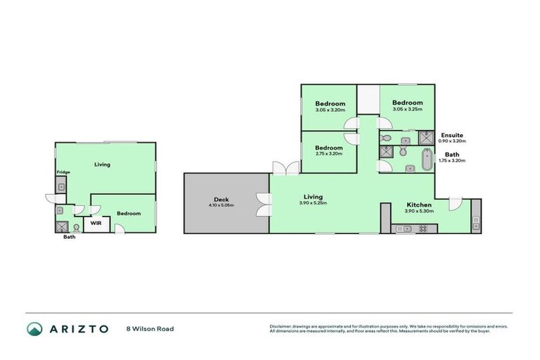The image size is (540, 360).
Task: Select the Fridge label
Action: coord(63,172)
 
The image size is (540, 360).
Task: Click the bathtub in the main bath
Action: coord(425,161)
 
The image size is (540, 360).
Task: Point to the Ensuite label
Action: coord(451,135)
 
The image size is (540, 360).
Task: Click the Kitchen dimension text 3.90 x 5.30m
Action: coord(419,211)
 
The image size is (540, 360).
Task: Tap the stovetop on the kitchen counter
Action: coord(423,229)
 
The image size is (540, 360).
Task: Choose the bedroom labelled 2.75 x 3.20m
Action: coord(328,150)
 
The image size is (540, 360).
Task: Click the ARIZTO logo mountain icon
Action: coord(35,329)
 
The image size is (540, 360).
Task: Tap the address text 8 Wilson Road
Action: coord(150,329)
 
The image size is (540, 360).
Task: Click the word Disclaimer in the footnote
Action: coord(281,326)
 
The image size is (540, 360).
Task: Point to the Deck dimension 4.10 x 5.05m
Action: coord(221,205)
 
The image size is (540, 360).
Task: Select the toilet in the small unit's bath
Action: coord(75,227)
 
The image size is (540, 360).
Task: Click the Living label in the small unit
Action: coord(103,165)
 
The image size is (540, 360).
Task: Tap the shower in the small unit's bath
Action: coord(61,226)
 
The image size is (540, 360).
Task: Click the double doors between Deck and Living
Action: coord(263,203)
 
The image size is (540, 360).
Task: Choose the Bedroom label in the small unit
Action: coord(129,214)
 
